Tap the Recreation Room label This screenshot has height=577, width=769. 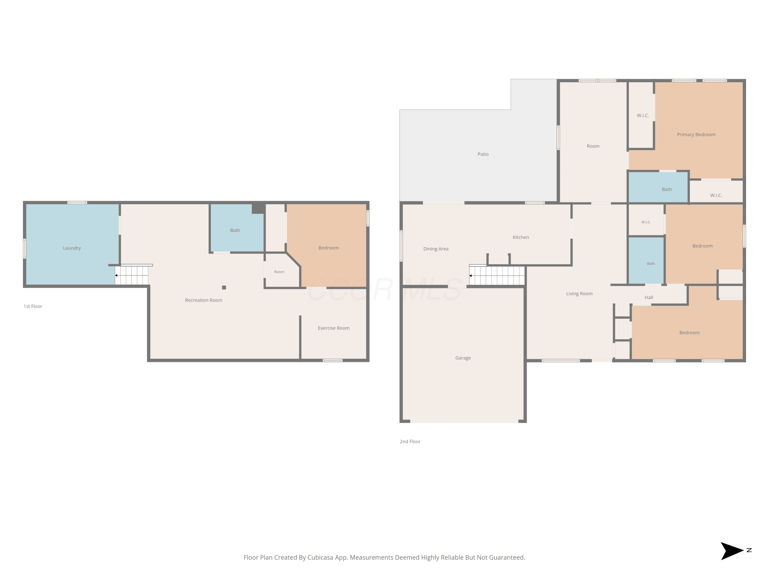(204, 300)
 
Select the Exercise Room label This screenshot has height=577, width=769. (334, 328)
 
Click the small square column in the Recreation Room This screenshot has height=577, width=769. (224, 287)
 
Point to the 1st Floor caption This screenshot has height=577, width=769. (33, 306)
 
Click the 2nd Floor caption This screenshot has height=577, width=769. (410, 441)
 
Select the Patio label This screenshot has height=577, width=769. (483, 154)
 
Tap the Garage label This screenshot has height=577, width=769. (463, 358)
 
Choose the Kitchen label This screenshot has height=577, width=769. (521, 237)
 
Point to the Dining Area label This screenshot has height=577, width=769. (436, 249)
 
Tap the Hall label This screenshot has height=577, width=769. (649, 297)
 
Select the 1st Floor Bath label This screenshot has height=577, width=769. (235, 230)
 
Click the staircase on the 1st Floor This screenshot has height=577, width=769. (132, 275)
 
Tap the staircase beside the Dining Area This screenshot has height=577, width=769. (497, 275)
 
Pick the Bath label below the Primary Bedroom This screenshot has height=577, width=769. (667, 190)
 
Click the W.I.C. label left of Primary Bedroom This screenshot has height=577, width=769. (643, 115)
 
